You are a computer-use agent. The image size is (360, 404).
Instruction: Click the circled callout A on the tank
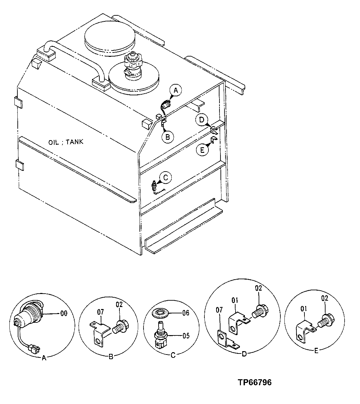(177, 90)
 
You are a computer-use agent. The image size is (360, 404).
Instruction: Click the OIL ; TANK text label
(66, 142)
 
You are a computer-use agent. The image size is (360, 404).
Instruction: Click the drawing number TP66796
(255, 382)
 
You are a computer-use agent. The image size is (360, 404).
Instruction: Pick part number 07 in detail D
(219, 310)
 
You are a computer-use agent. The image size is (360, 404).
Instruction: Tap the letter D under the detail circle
(244, 354)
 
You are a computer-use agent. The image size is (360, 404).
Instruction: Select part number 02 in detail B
(120, 305)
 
